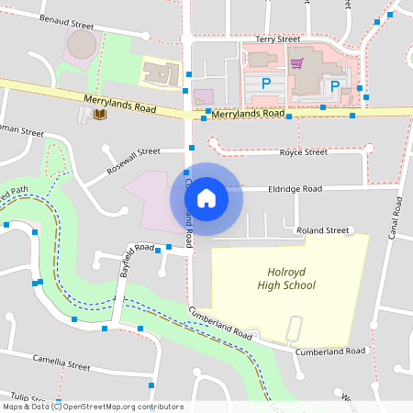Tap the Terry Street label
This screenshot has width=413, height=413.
coord(278,39)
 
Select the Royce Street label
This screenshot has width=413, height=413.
coord(303,152)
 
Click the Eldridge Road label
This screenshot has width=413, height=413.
coord(295,188)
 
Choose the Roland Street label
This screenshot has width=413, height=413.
coord(324,230)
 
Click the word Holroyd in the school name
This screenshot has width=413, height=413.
coord(285,273)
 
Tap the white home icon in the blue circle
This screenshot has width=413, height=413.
coord(206,197)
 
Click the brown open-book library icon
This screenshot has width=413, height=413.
coord(98,115)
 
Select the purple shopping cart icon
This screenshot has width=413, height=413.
coord(296,63)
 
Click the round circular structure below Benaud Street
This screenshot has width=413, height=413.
coord(82,45)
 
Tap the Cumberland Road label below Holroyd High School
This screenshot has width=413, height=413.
coord(330,351)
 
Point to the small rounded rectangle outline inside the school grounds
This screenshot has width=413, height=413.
coord(294,328)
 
